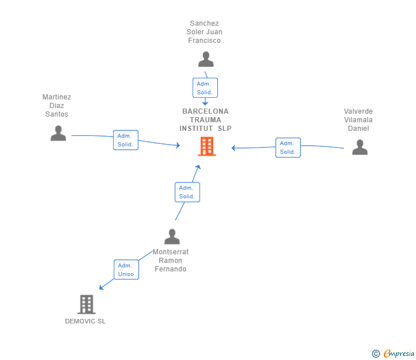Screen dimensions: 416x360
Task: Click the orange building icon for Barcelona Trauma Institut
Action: [207, 146]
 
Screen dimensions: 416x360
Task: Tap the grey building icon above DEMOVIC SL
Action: [86, 305]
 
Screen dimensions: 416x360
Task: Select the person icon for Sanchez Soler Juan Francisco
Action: [206, 59]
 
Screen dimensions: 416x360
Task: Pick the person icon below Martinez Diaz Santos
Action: [58, 133]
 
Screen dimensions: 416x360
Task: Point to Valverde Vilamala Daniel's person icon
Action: [360, 147]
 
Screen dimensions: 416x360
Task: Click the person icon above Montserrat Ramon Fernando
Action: [172, 237]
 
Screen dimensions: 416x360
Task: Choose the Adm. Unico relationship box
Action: [126, 270]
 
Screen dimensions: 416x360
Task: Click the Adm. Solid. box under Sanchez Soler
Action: [205, 88]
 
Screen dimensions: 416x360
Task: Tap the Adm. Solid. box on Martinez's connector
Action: [126, 140]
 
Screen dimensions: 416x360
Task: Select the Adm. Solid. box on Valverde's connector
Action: [288, 147]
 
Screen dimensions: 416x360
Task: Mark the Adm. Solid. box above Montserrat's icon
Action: [187, 192]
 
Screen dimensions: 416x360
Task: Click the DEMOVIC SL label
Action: [85, 321]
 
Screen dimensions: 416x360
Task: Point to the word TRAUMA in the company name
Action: [205, 120]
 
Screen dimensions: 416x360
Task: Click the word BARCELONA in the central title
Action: [205, 111]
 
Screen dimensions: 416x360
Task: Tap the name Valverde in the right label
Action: [358, 111]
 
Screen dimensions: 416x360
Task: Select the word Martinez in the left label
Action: [57, 97]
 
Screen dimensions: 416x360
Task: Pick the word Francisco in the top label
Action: [205, 41]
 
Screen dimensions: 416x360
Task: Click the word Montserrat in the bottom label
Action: [171, 252]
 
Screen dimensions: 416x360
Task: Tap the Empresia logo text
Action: [399, 353]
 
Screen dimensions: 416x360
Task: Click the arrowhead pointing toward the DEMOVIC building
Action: [101, 287]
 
